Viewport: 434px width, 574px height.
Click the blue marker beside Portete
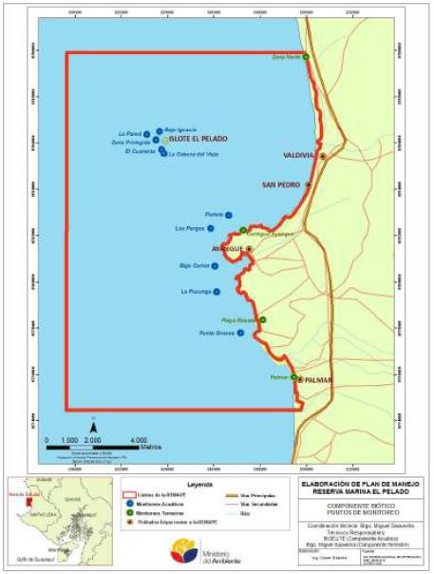click(229, 215)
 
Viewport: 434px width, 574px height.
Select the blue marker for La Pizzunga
click(217, 292)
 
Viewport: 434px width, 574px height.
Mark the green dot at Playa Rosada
click(263, 319)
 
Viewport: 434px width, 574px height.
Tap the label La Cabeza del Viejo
click(194, 155)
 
